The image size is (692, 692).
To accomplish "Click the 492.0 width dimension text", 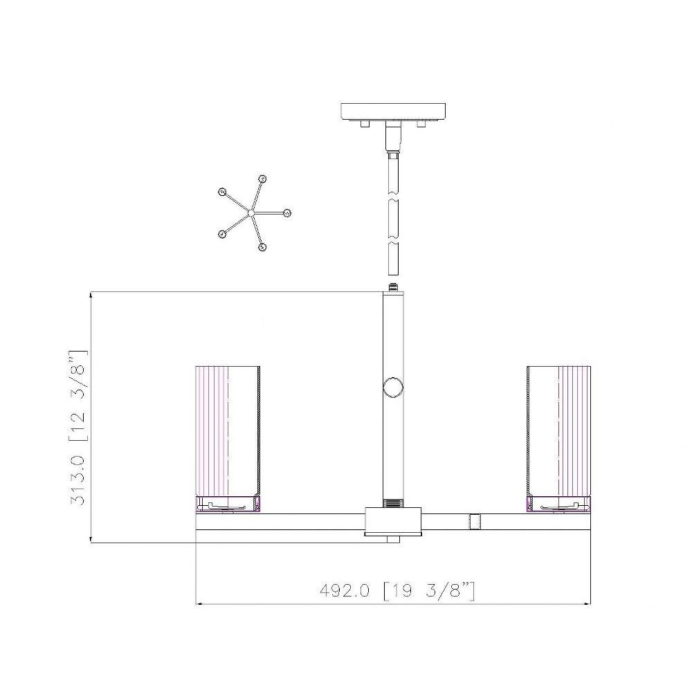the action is pyautogui.click(x=344, y=590).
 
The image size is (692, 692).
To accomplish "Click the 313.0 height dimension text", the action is pyautogui.click(x=78, y=481).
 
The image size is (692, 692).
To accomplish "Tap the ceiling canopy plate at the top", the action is pyautogui.click(x=393, y=111).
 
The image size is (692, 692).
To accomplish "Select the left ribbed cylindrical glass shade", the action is pyautogui.click(x=228, y=431).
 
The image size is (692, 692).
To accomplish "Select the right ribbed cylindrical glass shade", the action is pyautogui.click(x=558, y=431).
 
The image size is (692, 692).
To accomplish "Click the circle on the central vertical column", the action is pyautogui.click(x=393, y=388).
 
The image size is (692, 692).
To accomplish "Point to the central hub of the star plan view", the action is pyautogui.click(x=251, y=213).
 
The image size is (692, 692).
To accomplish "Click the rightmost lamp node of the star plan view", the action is pyautogui.click(x=287, y=213).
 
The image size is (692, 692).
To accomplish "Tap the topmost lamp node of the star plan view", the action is pyautogui.click(x=262, y=179).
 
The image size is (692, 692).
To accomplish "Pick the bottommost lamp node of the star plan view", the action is pyautogui.click(x=262, y=247).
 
